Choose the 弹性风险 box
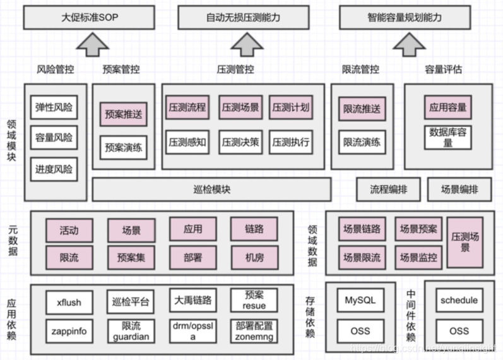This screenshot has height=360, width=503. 54,107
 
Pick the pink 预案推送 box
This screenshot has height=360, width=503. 123,114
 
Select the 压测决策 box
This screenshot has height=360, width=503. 240,142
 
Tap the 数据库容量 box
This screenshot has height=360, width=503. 449,138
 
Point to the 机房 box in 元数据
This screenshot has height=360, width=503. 254,257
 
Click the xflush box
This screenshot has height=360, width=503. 69,302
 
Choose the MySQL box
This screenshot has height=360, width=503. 360,300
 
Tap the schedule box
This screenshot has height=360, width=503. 459,300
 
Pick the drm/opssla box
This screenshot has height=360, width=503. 193,331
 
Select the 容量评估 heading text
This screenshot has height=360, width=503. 444,69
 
